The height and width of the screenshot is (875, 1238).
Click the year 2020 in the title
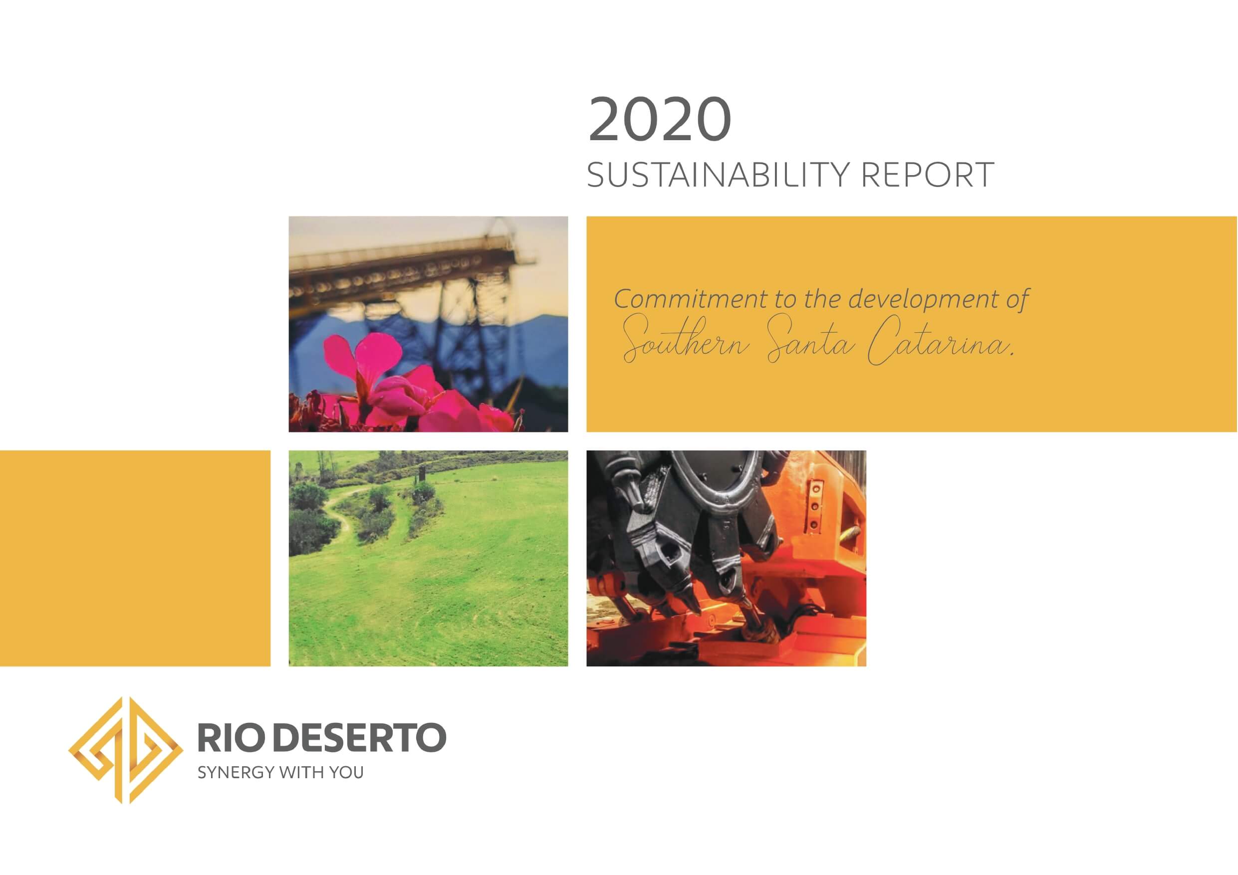[660, 119]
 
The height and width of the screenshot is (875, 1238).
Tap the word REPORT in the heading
[928, 175]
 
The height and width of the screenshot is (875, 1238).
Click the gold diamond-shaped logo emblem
[125, 750]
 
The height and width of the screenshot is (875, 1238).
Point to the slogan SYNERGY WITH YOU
[280, 773]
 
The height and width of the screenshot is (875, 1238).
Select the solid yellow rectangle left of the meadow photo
[135, 558]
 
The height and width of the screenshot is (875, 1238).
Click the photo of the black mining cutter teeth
[726, 558]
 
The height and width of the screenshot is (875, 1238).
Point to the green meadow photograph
[428, 558]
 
